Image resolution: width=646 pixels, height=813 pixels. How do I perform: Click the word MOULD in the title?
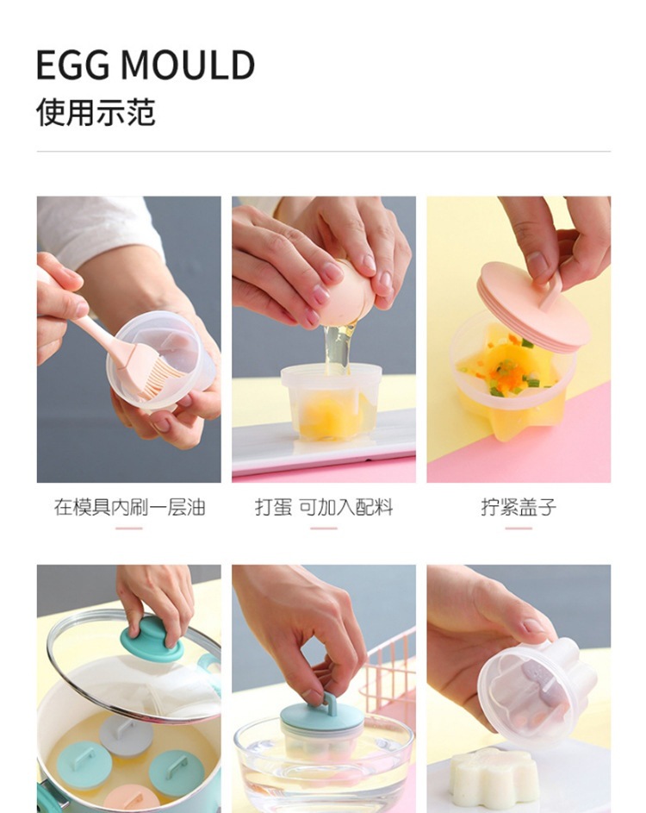pyautogui.click(x=188, y=65)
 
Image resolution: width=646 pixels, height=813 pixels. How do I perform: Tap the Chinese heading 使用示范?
pyautogui.click(x=96, y=111)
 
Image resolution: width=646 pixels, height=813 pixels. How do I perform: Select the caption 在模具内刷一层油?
pyautogui.click(x=129, y=507)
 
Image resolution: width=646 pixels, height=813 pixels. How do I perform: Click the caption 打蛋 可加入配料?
pyautogui.click(x=324, y=507)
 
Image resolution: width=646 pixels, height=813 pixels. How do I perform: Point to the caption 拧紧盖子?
pyautogui.click(x=519, y=507)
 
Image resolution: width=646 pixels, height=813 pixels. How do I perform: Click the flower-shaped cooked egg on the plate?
pyautogui.click(x=492, y=775)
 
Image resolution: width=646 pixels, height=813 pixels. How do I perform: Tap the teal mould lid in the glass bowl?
pyautogui.click(x=322, y=716)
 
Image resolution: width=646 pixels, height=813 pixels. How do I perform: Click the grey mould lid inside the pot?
pyautogui.click(x=126, y=730)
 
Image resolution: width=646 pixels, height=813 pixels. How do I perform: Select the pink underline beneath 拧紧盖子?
pyautogui.click(x=519, y=528)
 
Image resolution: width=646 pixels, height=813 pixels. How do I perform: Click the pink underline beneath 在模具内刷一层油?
pyautogui.click(x=129, y=528)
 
